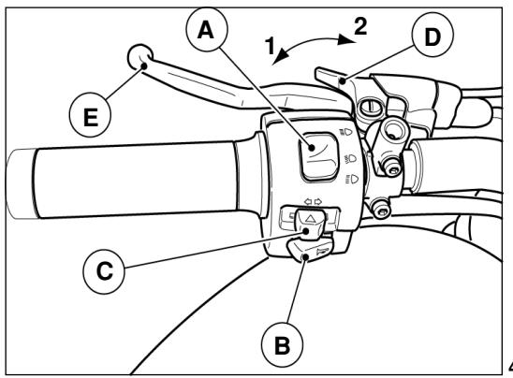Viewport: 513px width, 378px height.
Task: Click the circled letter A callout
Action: tap(207, 29)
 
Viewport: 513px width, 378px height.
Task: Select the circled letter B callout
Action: tap(282, 344)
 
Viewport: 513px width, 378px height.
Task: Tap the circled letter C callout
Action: tap(104, 271)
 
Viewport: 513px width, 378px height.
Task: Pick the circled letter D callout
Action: tap(432, 36)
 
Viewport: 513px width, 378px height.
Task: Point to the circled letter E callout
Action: tap(90, 116)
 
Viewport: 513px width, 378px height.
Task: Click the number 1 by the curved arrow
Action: tap(270, 46)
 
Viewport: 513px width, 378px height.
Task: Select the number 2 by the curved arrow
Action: tap(360, 26)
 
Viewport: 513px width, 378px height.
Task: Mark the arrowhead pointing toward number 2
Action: tap(345, 39)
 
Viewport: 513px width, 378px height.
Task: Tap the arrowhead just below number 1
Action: tap(281, 56)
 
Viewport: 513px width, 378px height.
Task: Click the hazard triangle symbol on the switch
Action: tap(310, 218)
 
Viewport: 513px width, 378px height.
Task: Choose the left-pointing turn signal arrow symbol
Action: tap(308, 202)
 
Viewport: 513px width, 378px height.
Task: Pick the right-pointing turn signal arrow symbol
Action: tap(318, 201)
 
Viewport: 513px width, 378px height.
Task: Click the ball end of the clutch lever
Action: tap(139, 57)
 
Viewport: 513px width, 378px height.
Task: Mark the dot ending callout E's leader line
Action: tap(143, 66)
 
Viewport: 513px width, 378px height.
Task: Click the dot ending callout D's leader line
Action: tap(343, 80)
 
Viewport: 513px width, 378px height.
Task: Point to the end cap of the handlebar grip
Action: tap(22, 183)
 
